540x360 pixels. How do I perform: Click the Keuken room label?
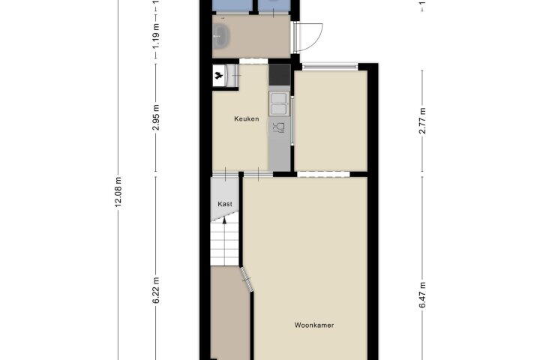246,118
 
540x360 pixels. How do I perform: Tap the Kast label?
225,204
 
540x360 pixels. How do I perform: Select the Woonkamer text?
314,325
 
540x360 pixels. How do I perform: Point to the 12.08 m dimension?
118,192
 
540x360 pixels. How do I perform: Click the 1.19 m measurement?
156,36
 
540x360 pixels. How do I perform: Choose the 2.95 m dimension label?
156,118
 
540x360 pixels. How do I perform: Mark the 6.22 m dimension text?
156,291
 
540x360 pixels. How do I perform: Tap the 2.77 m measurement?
422,121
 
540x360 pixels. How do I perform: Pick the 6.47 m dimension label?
422,295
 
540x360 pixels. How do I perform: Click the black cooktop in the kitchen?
280,75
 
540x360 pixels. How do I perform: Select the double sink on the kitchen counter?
279,103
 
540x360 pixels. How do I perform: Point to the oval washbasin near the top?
221,36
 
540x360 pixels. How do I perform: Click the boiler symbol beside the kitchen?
218,75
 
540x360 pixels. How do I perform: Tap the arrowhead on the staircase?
224,220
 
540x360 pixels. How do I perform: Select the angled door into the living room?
247,279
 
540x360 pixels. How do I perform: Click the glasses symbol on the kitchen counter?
278,127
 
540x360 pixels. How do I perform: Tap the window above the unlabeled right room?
330,67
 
